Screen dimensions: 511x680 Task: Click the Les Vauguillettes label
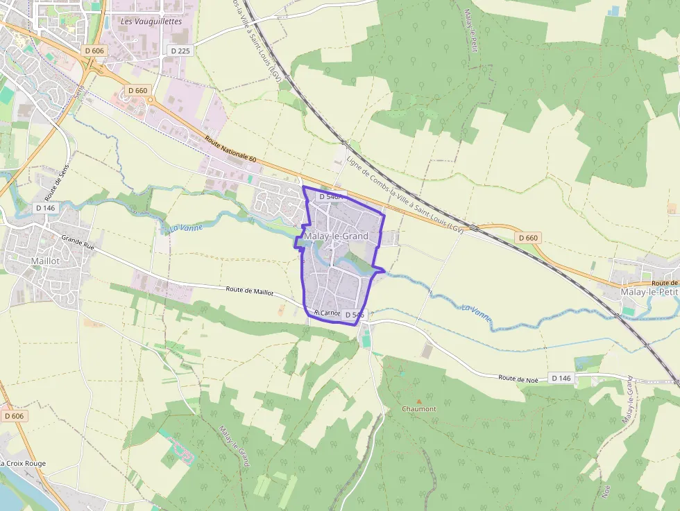point(151,21)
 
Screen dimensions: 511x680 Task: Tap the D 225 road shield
point(180,51)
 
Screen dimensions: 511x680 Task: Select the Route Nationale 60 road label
point(231,150)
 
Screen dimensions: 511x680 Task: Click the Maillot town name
point(46,261)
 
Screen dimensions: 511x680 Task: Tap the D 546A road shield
point(330,197)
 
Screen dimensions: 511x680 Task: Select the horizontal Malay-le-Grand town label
point(336,236)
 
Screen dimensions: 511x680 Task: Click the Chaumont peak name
point(419,408)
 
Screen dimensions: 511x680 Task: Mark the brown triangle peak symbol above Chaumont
point(418,401)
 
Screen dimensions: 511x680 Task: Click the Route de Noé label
point(518,378)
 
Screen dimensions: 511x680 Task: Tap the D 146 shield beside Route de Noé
point(562,378)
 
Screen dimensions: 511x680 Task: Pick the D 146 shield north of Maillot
point(44,207)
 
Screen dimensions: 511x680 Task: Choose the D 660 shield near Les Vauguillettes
point(138,91)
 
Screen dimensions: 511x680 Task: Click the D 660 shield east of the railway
point(527,237)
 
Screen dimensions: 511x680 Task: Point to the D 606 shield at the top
point(94,51)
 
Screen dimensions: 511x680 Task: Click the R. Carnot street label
point(328,313)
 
